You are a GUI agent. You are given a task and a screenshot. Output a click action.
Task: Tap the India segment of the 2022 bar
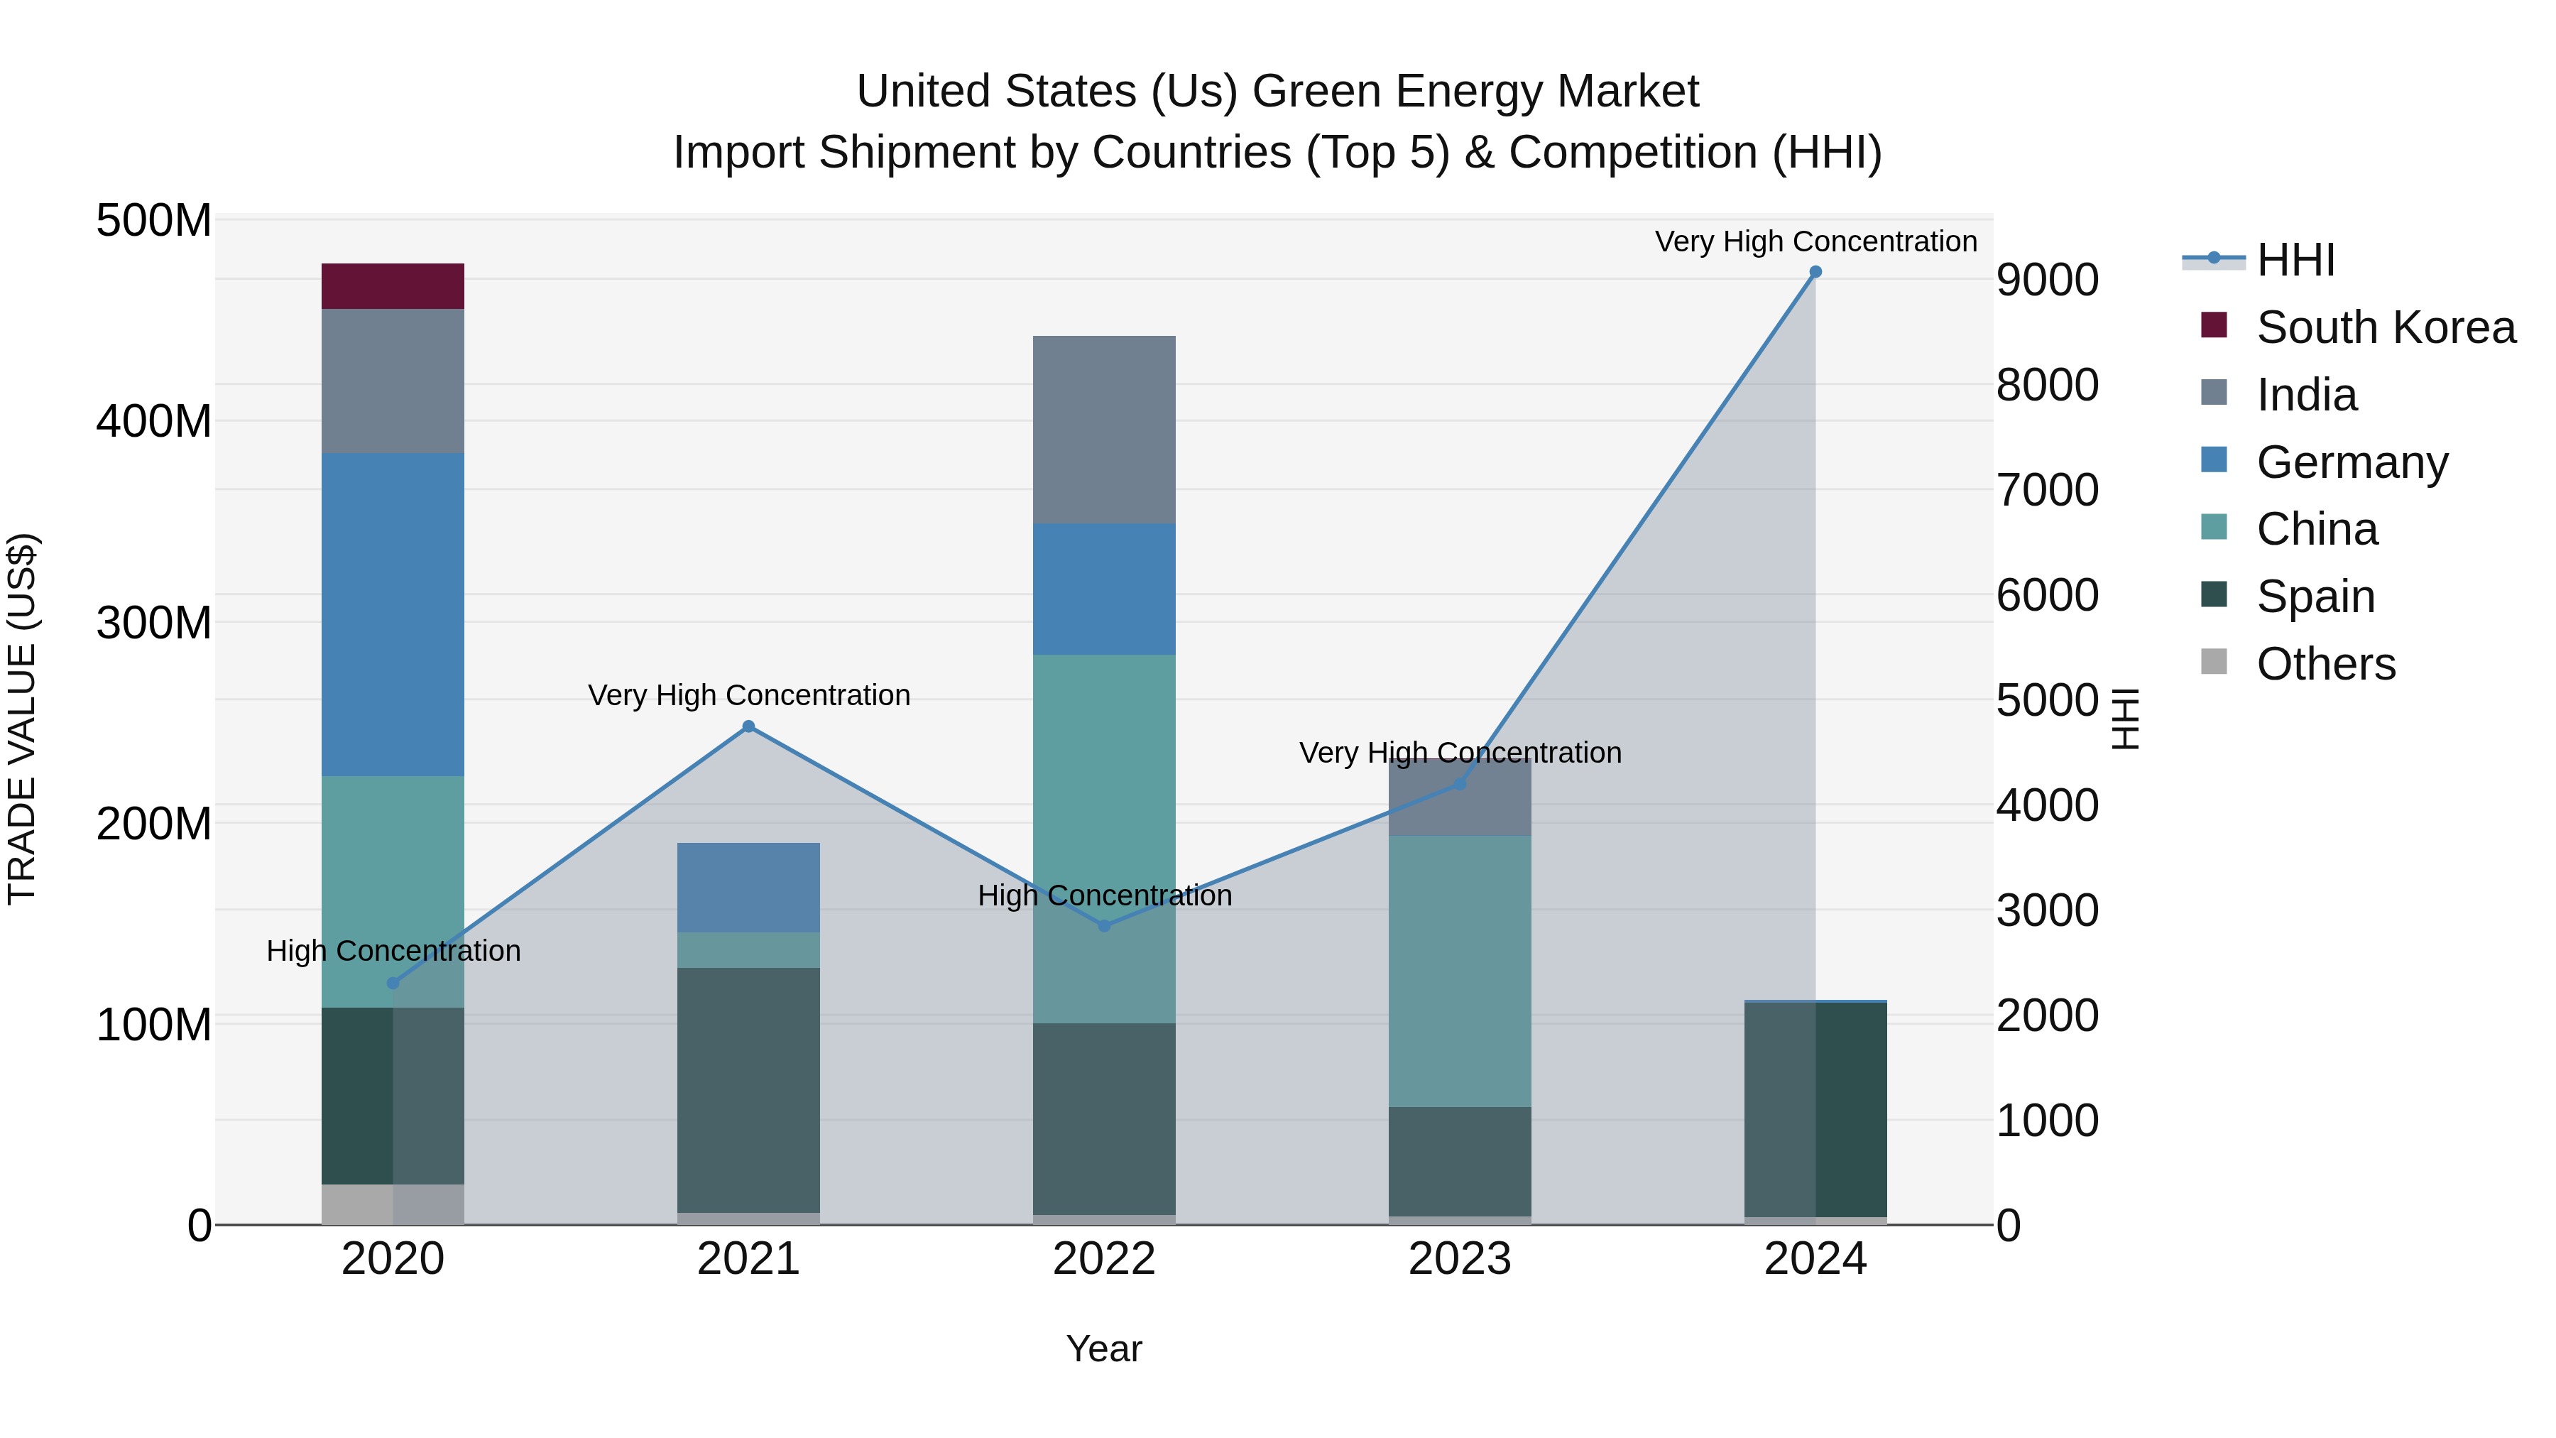(1103, 429)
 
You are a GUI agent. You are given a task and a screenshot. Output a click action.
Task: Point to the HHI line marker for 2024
(1815, 272)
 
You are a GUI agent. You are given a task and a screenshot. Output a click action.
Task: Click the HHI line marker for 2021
(748, 726)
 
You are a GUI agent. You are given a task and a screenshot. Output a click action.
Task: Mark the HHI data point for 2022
(1104, 926)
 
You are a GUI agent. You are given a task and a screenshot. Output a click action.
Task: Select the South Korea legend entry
(2386, 327)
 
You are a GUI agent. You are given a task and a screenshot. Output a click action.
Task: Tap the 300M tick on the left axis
(154, 623)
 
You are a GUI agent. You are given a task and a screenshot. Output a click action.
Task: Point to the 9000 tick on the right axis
(2047, 280)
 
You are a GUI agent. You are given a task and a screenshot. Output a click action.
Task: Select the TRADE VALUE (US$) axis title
(22, 719)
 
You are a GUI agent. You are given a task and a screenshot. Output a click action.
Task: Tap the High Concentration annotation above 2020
(393, 951)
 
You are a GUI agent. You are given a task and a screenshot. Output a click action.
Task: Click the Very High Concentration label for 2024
(1815, 241)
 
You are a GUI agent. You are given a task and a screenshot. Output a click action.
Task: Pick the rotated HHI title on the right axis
(2125, 719)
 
